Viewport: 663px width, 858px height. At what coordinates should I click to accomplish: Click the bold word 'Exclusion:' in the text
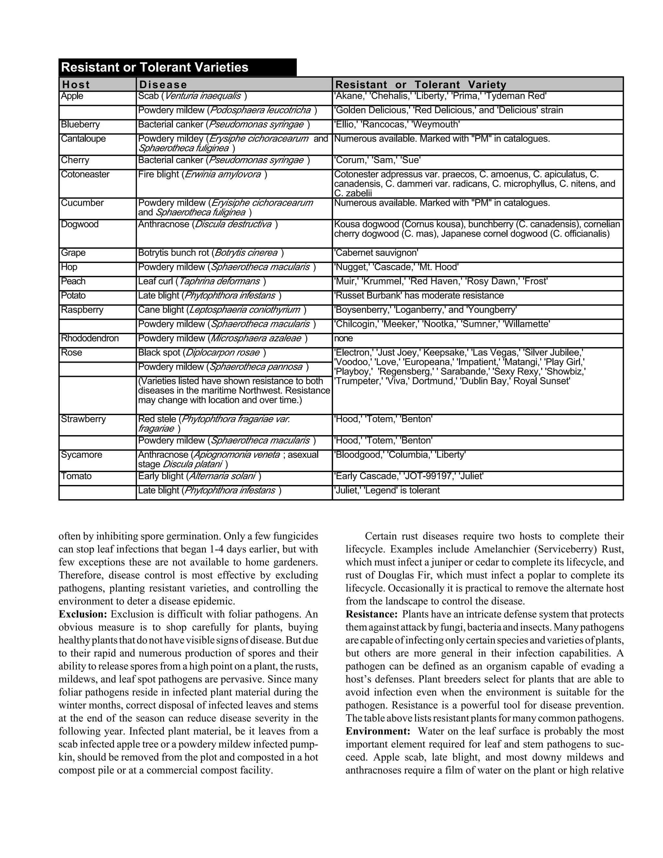click(83, 614)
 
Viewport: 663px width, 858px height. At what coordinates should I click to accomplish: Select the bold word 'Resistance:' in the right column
click(372, 614)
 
